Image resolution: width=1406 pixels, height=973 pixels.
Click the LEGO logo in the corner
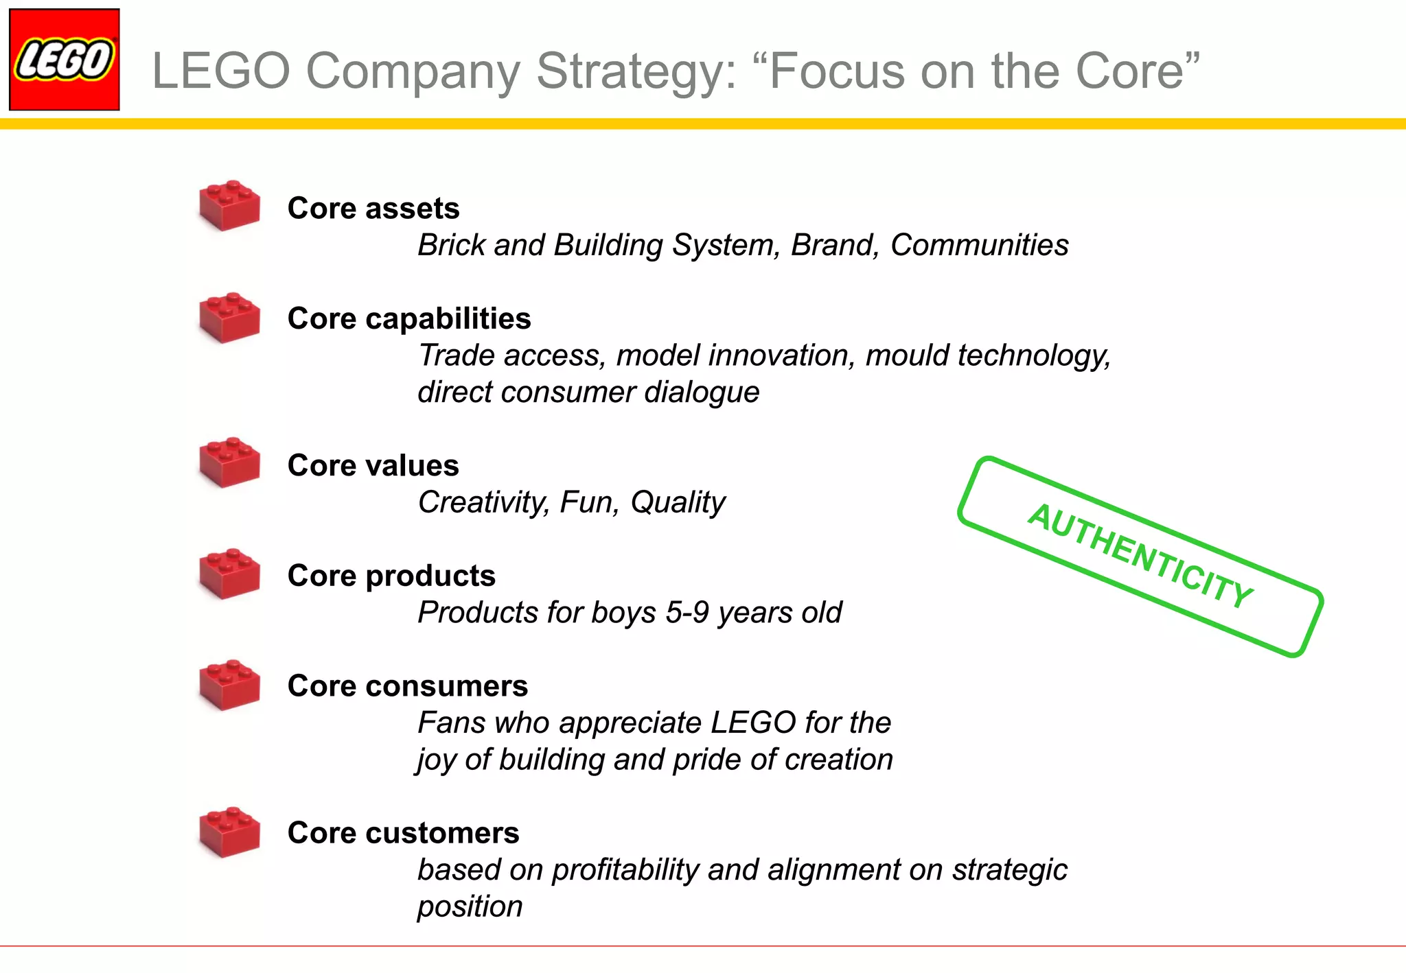pos(64,60)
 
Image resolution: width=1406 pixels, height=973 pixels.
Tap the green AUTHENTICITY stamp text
pos(1140,556)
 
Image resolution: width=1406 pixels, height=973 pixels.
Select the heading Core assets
pos(373,208)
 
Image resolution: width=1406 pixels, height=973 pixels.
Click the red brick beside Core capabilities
pos(229,318)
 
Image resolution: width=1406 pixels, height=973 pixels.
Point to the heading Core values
pos(373,465)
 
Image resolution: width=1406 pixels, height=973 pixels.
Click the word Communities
pos(979,245)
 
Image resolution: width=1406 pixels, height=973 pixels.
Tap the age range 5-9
pos(687,612)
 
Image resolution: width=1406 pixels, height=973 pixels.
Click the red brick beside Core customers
pos(229,832)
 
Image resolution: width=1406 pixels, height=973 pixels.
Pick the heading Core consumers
pos(407,685)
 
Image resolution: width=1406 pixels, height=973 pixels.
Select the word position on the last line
pos(470,906)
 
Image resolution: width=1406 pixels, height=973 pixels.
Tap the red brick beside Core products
pos(229,574)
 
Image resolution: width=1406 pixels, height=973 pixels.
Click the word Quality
pos(677,502)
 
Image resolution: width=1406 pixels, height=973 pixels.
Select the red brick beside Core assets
pos(229,206)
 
